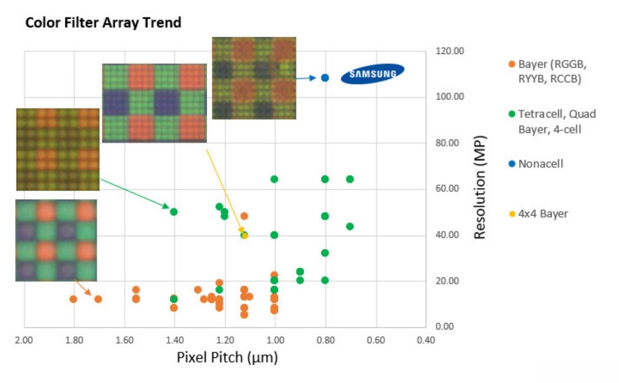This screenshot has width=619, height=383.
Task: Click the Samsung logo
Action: (x=372, y=74)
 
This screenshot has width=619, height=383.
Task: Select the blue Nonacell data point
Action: (x=325, y=78)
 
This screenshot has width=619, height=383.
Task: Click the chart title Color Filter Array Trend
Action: (x=103, y=22)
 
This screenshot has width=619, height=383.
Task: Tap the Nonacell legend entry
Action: (x=540, y=164)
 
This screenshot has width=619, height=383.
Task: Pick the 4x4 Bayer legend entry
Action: (x=543, y=214)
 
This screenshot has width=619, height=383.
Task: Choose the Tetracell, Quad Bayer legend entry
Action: (x=556, y=122)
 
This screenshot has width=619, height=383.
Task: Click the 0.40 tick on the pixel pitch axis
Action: (x=426, y=340)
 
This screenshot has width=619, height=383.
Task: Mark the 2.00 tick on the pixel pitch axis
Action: (x=24, y=340)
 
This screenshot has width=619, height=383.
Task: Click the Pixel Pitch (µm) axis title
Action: (x=227, y=358)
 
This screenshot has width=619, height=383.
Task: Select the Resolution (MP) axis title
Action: (x=480, y=187)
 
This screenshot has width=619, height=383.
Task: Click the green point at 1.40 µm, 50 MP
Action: (x=174, y=212)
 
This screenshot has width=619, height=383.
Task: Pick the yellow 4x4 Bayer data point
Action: (x=245, y=236)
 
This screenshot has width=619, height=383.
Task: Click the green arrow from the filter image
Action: (x=135, y=194)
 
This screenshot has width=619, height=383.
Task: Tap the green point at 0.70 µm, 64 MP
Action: (x=349, y=179)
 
